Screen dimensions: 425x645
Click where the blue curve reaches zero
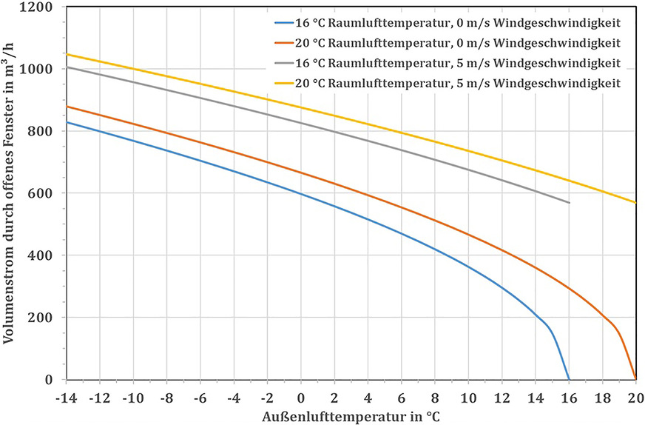pos(568,379)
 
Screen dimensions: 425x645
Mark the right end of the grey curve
pos(569,202)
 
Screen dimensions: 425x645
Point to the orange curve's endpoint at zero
pos(635,379)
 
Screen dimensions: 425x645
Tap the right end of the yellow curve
pos(635,202)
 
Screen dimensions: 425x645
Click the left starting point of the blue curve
pos(67,122)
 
